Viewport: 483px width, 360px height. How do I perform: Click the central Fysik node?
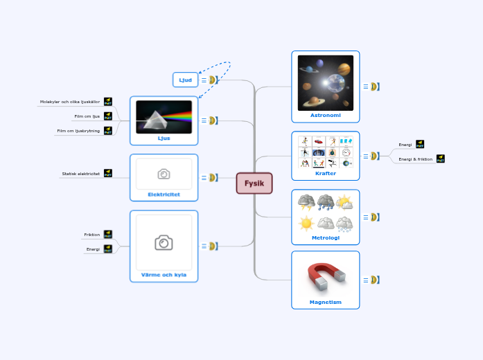tap(254, 183)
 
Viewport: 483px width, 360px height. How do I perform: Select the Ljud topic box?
tap(185, 80)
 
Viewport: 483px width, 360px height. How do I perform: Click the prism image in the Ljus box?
tap(164, 116)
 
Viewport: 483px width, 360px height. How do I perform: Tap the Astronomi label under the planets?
tap(325, 115)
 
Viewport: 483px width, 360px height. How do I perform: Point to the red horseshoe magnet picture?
tap(325, 276)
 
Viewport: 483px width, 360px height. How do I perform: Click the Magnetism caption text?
tap(325, 302)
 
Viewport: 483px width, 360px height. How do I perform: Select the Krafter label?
tap(325, 173)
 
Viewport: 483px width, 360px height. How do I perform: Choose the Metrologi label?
tap(325, 237)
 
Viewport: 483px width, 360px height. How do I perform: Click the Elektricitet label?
tap(164, 195)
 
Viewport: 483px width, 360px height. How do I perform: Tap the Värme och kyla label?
tap(164, 275)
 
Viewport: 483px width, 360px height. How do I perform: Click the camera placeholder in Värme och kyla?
tap(164, 242)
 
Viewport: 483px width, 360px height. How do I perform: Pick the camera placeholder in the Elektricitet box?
tap(164, 174)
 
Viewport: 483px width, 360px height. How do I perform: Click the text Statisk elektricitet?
tap(80, 174)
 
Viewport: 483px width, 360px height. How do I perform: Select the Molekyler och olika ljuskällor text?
tap(70, 102)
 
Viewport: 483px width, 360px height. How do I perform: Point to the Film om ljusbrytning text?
tap(78, 130)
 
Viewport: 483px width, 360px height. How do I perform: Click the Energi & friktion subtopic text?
tap(416, 159)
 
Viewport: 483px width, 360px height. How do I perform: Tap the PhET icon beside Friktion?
tap(108, 235)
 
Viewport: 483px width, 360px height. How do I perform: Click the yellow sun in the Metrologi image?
tap(306, 224)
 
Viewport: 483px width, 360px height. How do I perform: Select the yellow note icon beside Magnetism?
tap(374, 280)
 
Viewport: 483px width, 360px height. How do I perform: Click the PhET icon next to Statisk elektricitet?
tap(108, 173)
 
